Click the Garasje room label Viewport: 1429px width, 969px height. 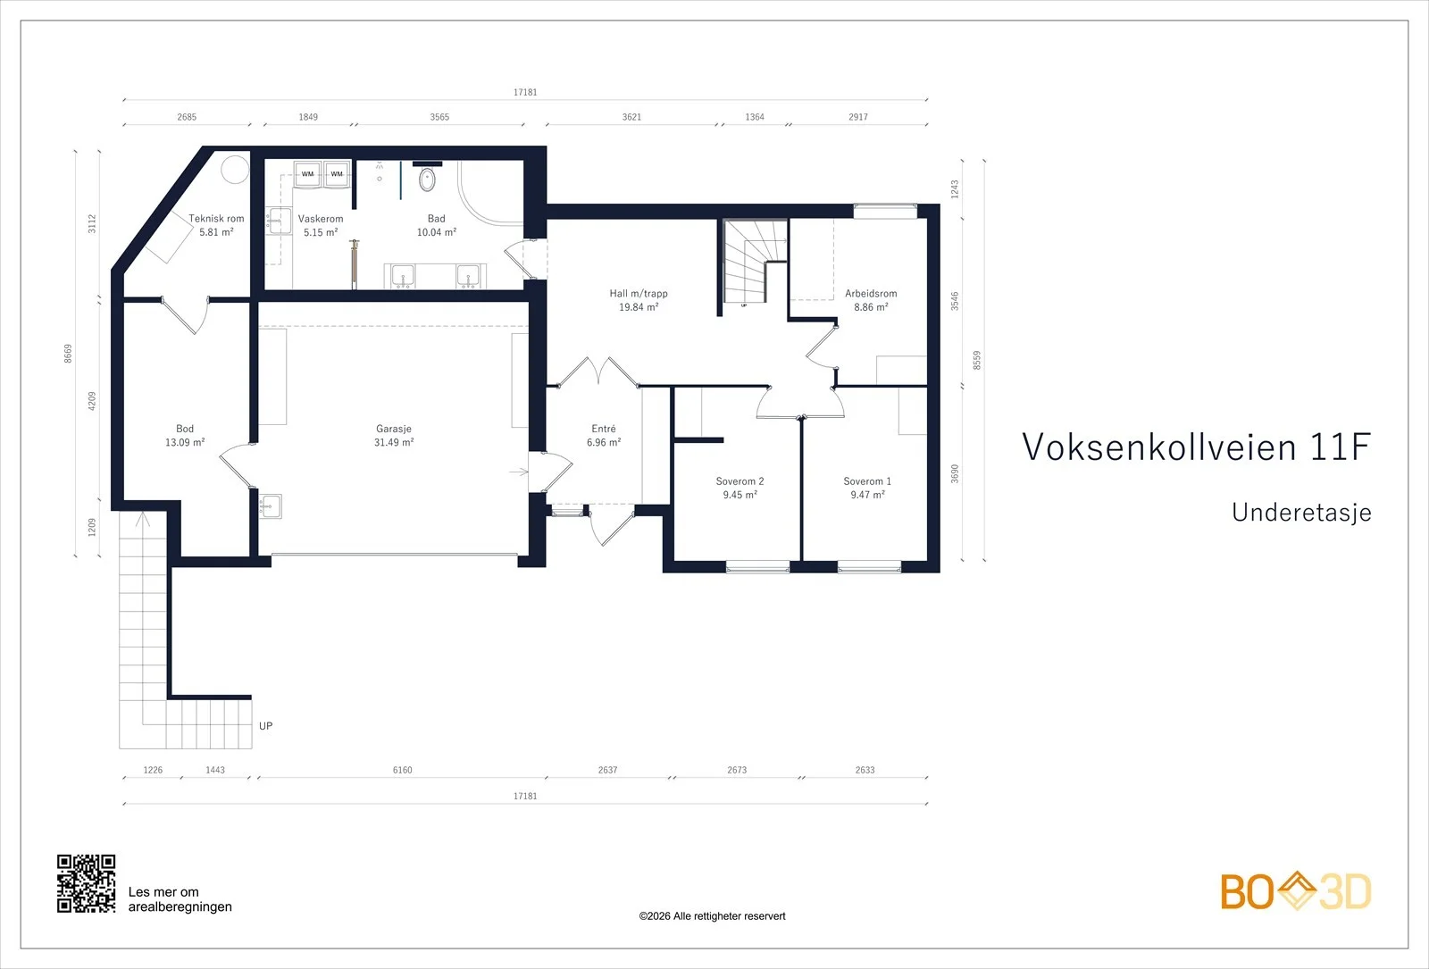(394, 435)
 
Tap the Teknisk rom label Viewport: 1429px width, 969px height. (216, 225)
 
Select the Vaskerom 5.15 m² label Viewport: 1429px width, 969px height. (321, 225)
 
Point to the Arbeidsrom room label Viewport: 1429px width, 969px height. (871, 300)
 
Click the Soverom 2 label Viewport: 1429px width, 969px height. (740, 488)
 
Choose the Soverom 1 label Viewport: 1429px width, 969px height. (867, 488)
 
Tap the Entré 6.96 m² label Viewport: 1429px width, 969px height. (604, 435)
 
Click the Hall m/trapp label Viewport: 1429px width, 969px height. (639, 300)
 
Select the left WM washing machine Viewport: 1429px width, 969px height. (307, 173)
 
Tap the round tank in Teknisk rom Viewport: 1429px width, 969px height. (235, 170)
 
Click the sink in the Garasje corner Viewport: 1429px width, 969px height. (271, 506)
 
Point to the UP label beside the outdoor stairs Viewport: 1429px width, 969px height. (266, 726)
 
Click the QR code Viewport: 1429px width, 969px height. (86, 883)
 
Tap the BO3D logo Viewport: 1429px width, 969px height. (1296, 890)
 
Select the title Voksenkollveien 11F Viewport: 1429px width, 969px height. (1196, 447)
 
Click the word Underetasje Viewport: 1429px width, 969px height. (1301, 513)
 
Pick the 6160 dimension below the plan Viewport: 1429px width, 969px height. (403, 770)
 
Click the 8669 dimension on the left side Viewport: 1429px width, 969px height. (68, 354)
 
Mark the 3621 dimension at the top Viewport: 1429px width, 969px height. (631, 117)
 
